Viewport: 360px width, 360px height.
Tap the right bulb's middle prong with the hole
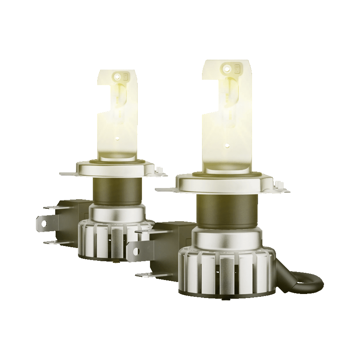(136, 250)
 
